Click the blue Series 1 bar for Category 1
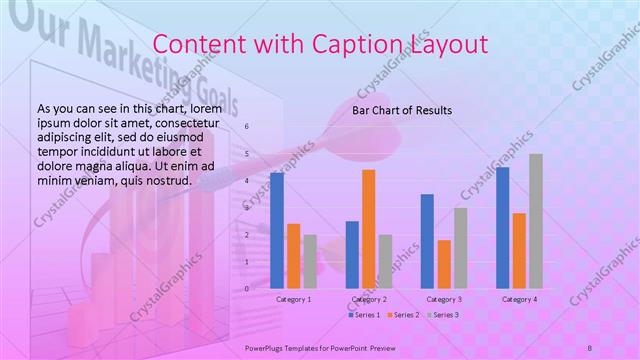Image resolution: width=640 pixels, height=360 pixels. (277, 230)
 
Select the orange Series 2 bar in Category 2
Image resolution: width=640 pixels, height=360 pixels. (369, 229)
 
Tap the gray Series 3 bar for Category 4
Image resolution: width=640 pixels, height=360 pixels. (536, 221)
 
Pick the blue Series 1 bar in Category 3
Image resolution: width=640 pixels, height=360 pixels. (427, 241)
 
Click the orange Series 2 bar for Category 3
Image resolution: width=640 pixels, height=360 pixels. (444, 264)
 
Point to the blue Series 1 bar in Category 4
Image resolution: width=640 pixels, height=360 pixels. (502, 228)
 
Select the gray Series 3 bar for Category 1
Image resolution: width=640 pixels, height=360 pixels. (310, 261)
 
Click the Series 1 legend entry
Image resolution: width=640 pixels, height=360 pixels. (364, 315)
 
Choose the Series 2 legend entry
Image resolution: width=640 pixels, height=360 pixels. (402, 315)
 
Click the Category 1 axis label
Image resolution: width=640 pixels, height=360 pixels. (294, 299)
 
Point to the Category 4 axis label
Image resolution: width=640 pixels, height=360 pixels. (519, 299)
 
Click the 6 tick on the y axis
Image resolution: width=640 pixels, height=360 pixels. (248, 128)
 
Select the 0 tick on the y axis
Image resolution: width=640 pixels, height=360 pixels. (248, 288)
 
